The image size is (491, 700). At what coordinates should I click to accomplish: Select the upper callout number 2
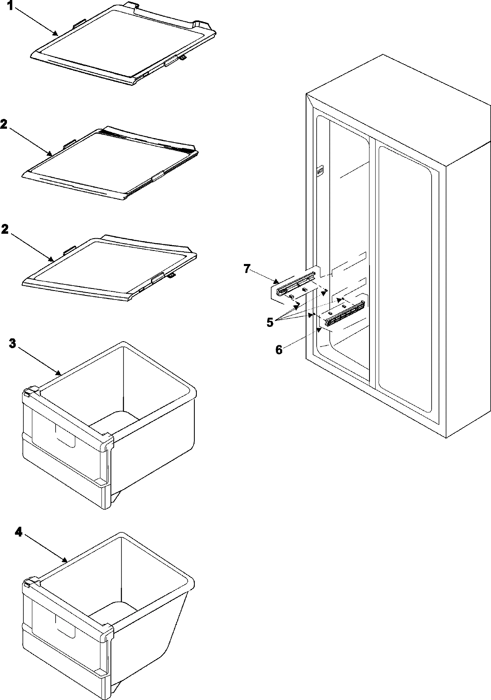[x=4, y=125]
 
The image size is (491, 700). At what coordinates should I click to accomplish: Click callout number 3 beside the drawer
[x=13, y=343]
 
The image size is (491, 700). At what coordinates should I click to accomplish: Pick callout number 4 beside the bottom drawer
[x=18, y=532]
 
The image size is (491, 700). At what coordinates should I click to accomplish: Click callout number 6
[x=279, y=350]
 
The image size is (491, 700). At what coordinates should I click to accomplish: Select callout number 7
[x=246, y=268]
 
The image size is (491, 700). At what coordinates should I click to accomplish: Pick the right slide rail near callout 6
[x=345, y=314]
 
